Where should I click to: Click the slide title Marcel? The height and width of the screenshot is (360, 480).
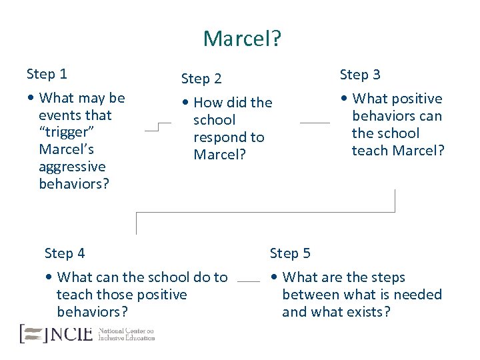coord(242,39)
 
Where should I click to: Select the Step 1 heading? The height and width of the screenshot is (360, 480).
coord(47,73)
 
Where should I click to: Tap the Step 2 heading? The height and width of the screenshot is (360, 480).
coord(201,79)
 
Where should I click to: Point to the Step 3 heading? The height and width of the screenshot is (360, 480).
coord(360,75)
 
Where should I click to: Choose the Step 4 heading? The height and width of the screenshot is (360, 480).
coord(65,253)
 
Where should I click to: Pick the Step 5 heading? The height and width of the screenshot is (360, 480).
coord(290,253)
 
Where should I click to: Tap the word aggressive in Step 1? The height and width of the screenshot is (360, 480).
coord(72,167)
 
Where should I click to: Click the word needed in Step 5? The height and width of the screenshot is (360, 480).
coord(416,295)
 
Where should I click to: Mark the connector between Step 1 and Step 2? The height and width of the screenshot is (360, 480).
coord(157,127)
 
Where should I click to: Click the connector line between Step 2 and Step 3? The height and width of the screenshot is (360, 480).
coord(315,123)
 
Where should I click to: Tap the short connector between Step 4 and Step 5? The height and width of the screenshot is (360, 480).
coord(249,281)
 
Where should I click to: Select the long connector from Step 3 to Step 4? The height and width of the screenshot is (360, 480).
coord(265,213)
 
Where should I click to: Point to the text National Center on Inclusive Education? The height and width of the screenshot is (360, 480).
coord(126,334)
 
